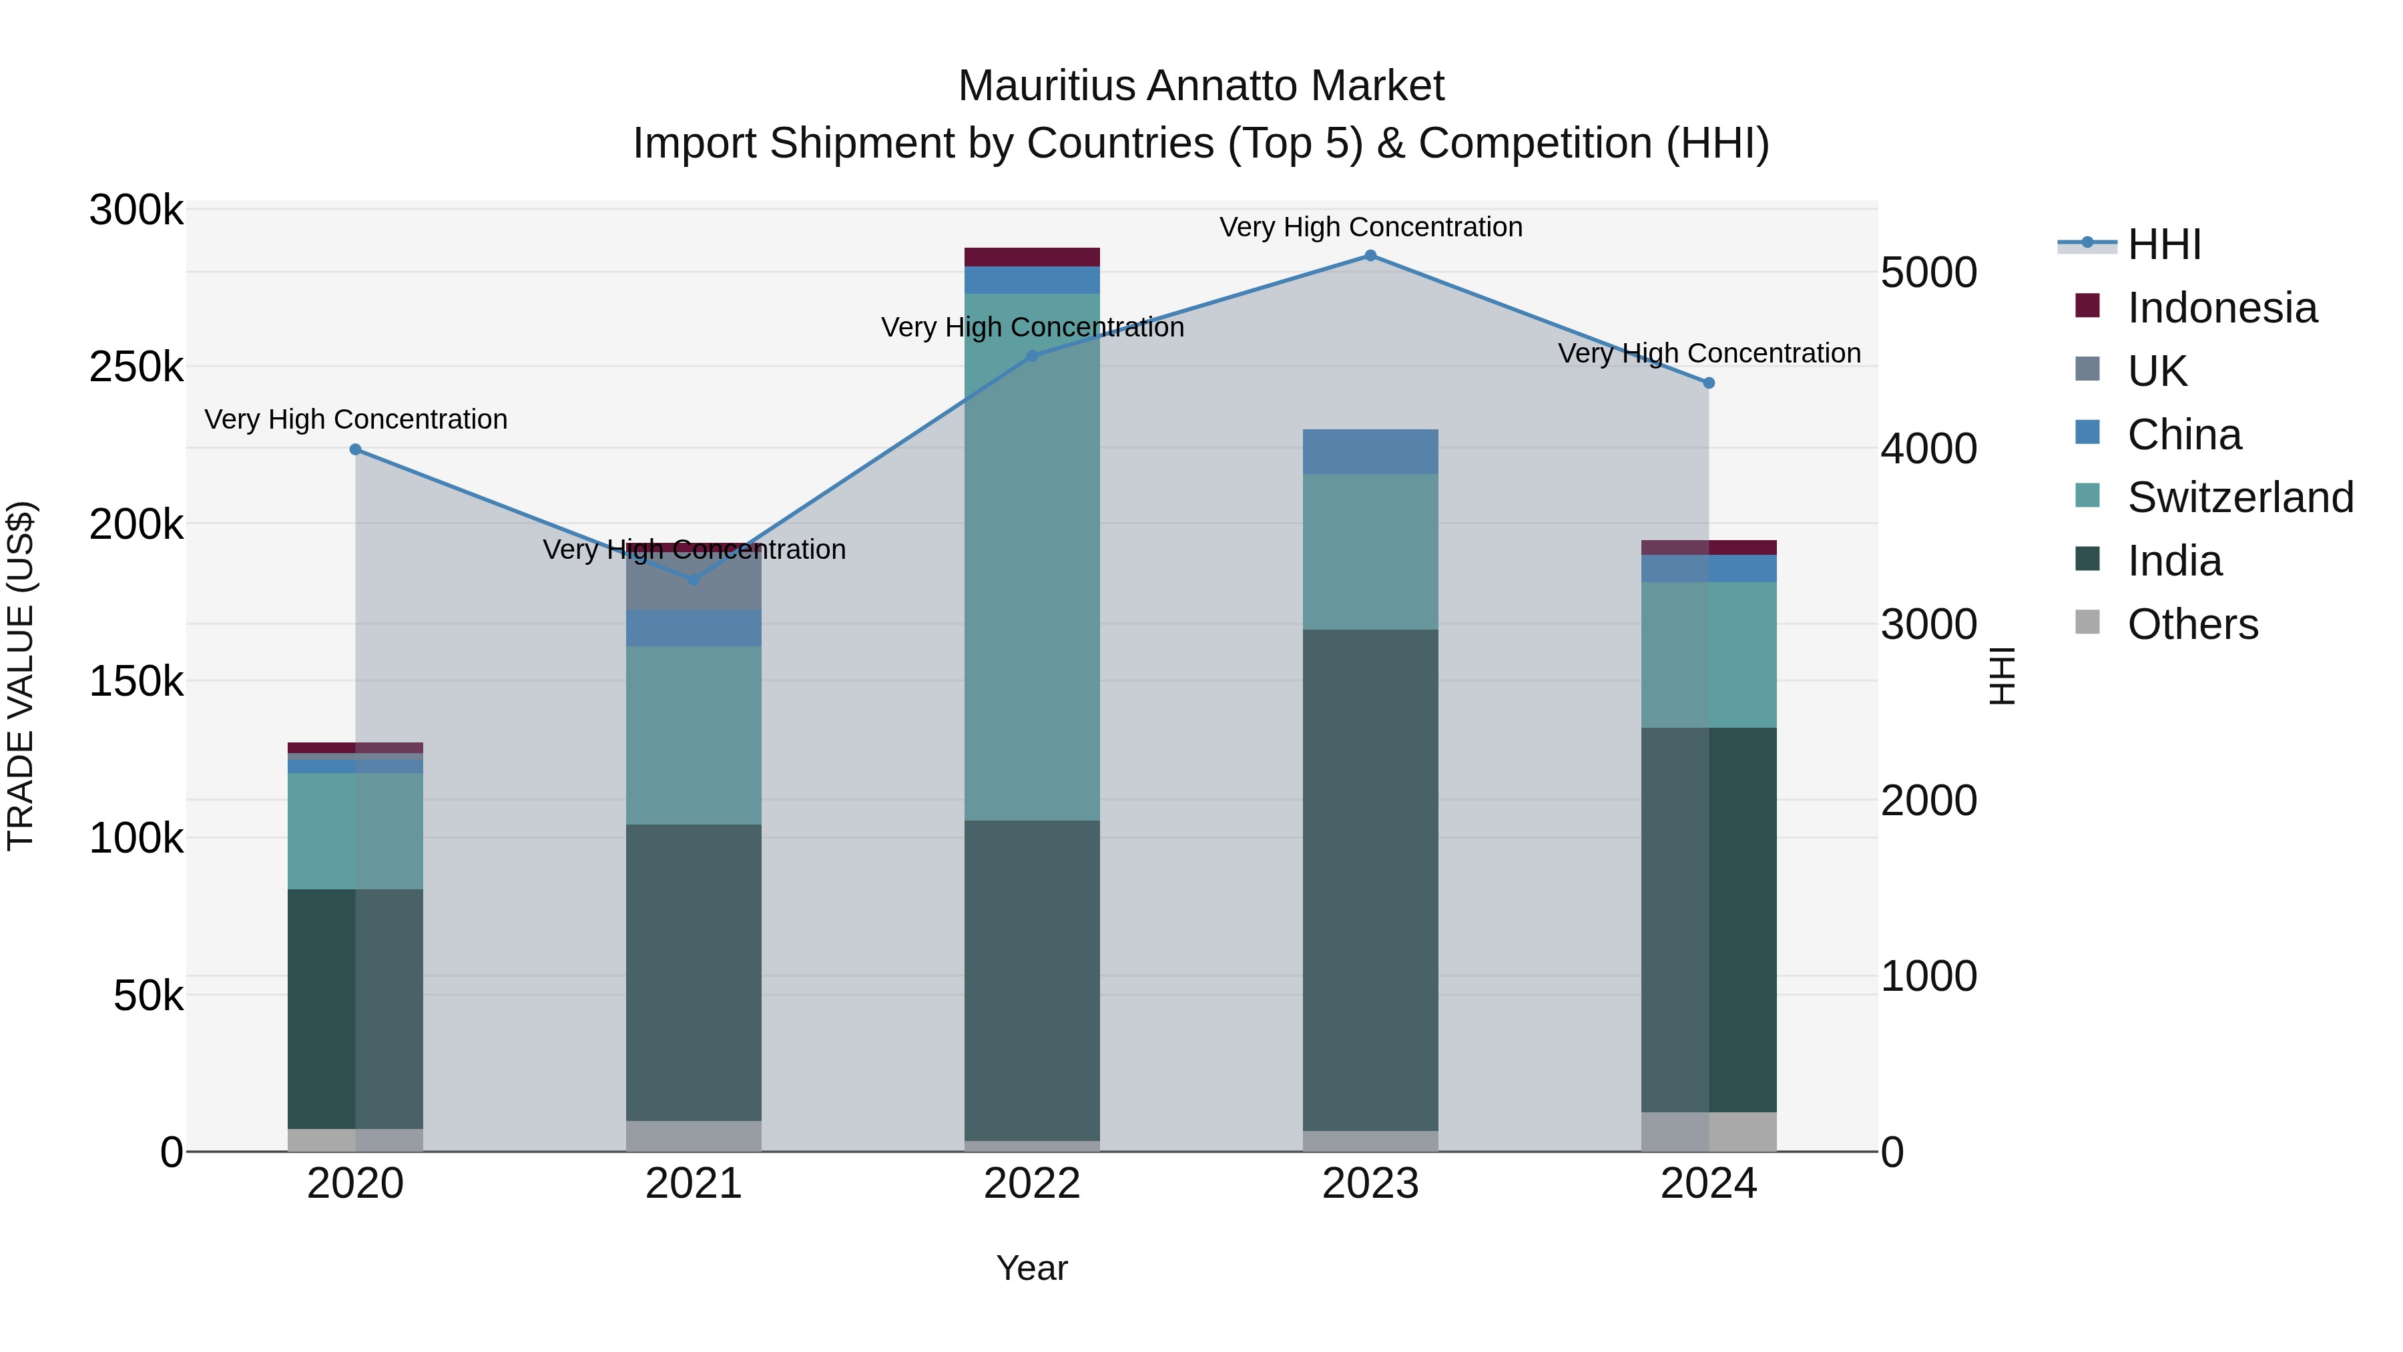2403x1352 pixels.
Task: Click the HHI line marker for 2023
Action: pos(1370,256)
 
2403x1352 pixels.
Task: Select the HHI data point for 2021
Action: pos(693,580)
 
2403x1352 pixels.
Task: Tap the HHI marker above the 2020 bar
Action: pos(355,450)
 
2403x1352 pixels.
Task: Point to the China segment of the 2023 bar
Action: pos(1370,451)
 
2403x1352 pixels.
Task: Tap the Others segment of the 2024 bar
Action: pos(1709,1131)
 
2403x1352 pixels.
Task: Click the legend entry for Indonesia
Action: pos(2221,308)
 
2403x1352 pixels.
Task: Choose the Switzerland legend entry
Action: pos(2239,497)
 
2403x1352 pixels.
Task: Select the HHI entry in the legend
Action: pos(2164,244)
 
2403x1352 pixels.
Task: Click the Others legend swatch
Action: pos(2087,622)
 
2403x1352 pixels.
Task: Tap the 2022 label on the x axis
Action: pos(1032,1184)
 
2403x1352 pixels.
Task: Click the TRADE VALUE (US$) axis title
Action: pos(21,676)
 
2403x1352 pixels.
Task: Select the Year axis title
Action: pos(1032,1268)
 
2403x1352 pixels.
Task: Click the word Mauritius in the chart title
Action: pos(1046,87)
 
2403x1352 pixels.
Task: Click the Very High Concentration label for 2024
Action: pos(1709,354)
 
